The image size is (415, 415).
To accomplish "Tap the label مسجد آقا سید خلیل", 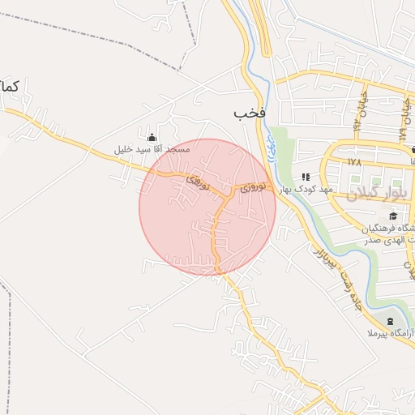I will pos(152,150).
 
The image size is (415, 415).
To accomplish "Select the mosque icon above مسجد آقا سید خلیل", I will pos(152,135).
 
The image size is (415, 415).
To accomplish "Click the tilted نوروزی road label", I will pos(198,181).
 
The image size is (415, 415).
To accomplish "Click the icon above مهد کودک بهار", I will pos(306,176).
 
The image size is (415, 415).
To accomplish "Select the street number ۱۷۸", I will pos(353,162).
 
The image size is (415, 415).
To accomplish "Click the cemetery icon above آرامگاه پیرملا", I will pos(393,321).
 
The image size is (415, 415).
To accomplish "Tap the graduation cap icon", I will pos(394,216).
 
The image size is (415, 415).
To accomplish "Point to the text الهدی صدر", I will pos(381,240).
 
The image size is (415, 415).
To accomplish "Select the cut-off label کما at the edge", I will pos(10,86).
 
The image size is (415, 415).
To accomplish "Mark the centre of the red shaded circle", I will pos(207,207).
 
